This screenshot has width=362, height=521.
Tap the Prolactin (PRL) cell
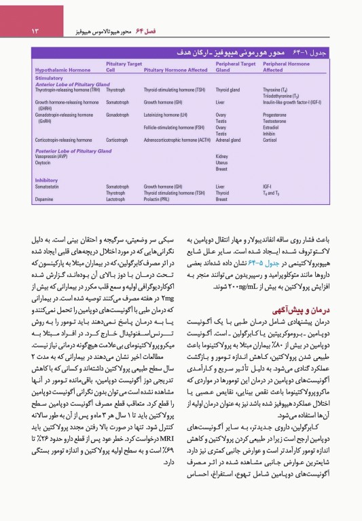[x=160, y=199]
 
